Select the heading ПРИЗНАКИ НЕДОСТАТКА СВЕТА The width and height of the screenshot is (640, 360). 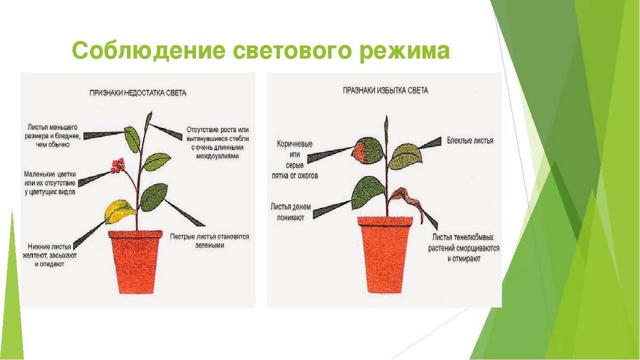[138, 93]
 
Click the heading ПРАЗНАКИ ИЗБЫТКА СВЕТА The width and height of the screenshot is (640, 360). [385, 91]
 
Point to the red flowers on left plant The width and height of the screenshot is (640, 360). [118, 165]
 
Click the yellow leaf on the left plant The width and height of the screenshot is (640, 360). [119, 211]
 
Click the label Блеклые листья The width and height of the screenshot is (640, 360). [470, 141]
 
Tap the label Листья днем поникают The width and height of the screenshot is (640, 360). [290, 211]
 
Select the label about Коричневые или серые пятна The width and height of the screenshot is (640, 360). [294, 159]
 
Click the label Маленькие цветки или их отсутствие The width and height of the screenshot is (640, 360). [50, 182]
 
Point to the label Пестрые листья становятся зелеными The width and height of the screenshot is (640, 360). [210, 241]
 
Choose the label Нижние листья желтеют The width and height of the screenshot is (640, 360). [52, 255]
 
